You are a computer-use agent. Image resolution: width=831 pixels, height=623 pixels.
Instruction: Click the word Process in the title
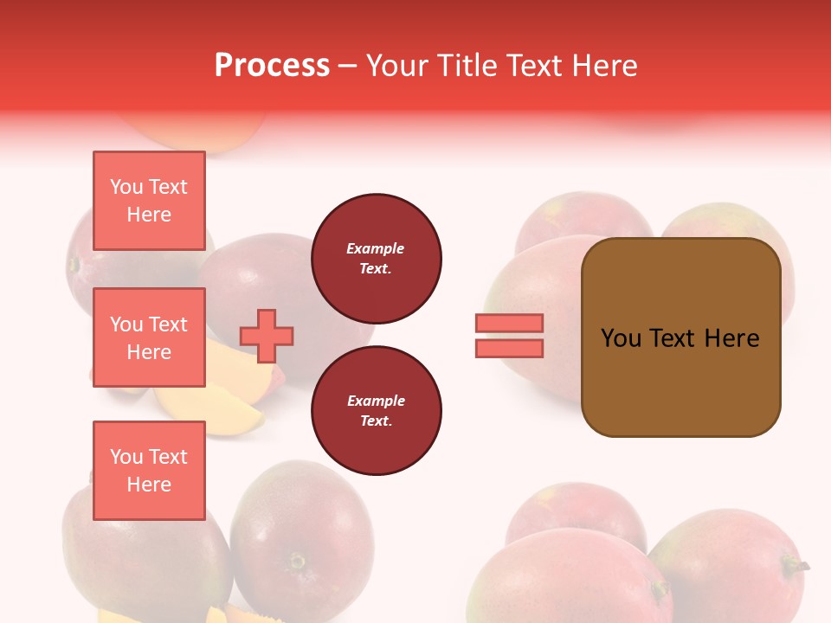pyautogui.click(x=272, y=66)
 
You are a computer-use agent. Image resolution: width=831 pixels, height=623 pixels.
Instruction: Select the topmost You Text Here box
pyautogui.click(x=149, y=201)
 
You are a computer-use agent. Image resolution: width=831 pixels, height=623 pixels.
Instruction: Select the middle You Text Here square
pyautogui.click(x=149, y=337)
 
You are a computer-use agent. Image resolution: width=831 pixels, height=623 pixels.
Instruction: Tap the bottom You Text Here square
pyautogui.click(x=149, y=470)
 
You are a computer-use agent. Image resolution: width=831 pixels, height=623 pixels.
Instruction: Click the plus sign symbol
pyautogui.click(x=267, y=336)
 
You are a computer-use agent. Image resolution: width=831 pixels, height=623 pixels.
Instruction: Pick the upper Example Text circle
pyautogui.click(x=376, y=259)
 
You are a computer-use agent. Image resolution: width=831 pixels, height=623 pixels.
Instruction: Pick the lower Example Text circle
pyautogui.click(x=376, y=411)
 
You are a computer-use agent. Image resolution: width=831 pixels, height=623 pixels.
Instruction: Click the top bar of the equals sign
pyautogui.click(x=509, y=323)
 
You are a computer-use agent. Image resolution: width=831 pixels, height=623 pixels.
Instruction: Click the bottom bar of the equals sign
pyautogui.click(x=509, y=348)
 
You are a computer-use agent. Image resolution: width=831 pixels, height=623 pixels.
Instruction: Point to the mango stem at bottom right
pyautogui.click(x=796, y=566)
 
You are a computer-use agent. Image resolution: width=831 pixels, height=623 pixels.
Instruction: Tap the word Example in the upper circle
pyautogui.click(x=375, y=248)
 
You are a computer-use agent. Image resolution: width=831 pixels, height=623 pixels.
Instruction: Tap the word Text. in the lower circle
pyautogui.click(x=376, y=421)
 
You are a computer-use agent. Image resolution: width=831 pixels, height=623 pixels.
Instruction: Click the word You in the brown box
pyautogui.click(x=622, y=338)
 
